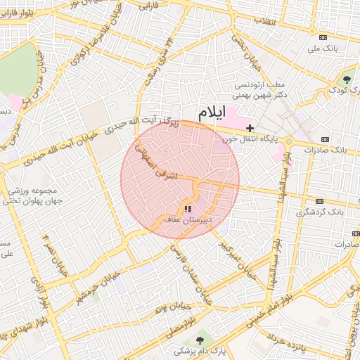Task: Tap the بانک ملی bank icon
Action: pos(323,37)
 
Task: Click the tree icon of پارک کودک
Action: pos(347,77)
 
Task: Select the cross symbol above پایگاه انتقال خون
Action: pos(250,128)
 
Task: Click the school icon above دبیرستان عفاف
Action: pos(188,209)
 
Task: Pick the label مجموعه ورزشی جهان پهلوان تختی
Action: pos(37,195)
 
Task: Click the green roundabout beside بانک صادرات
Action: pos(289,141)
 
